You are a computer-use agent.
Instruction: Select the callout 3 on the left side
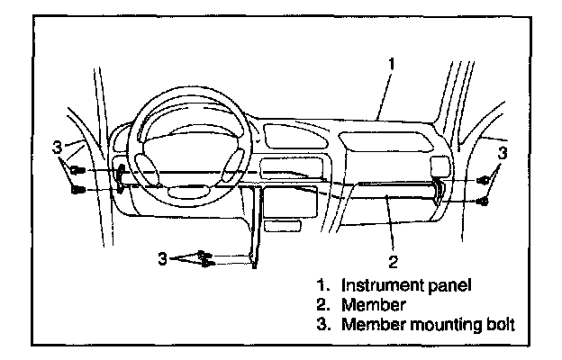57,145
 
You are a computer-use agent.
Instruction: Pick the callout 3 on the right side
503,154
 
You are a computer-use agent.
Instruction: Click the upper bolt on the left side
78,169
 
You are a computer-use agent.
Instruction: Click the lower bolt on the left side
78,190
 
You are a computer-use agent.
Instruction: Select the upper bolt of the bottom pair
204,254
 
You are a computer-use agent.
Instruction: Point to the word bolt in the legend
496,325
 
